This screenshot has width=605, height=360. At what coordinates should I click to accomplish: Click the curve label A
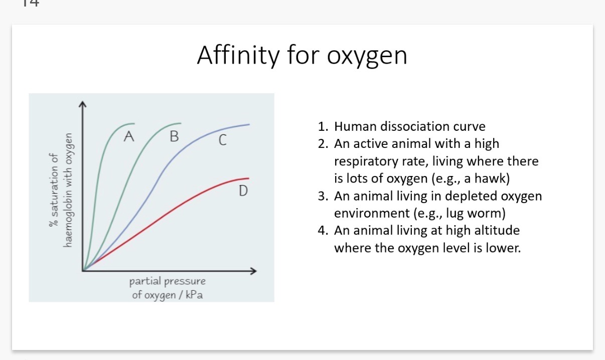click(x=129, y=136)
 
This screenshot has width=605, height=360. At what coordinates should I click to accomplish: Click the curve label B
click(x=174, y=136)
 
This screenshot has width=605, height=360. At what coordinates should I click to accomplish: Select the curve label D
click(x=242, y=191)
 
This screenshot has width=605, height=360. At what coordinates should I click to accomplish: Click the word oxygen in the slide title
click(x=367, y=56)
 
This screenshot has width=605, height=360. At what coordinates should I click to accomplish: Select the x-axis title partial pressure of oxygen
click(x=168, y=287)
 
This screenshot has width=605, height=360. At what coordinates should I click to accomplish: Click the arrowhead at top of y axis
click(x=83, y=104)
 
